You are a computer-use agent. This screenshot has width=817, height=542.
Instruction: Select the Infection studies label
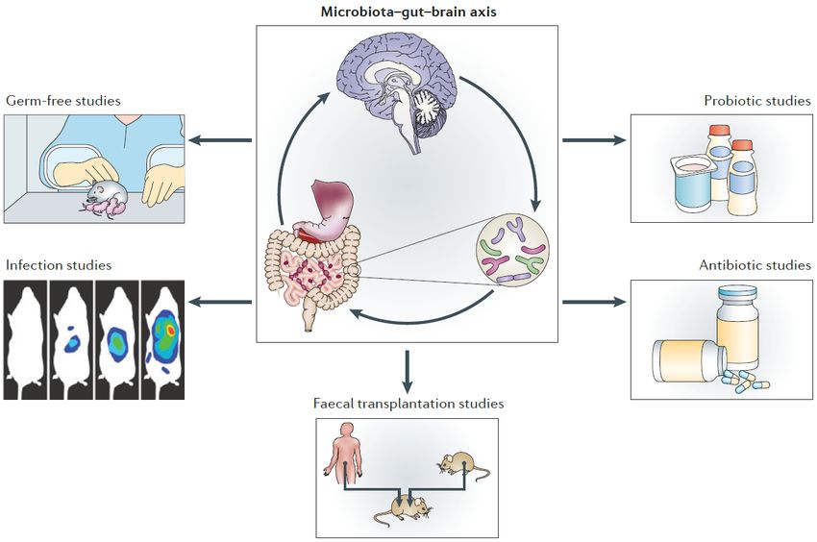point(58,264)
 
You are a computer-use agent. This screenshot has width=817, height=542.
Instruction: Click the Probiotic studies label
point(756,100)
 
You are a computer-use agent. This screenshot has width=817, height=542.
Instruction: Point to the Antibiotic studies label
point(756,264)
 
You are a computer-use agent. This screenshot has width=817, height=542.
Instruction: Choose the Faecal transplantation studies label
point(408,403)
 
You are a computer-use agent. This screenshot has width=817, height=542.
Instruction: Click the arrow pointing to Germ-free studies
point(219,140)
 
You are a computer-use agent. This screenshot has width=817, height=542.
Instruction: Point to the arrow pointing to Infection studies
point(219,303)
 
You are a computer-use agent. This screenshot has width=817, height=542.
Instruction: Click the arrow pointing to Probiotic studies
point(593,140)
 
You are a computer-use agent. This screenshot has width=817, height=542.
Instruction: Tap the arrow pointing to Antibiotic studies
point(593,303)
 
